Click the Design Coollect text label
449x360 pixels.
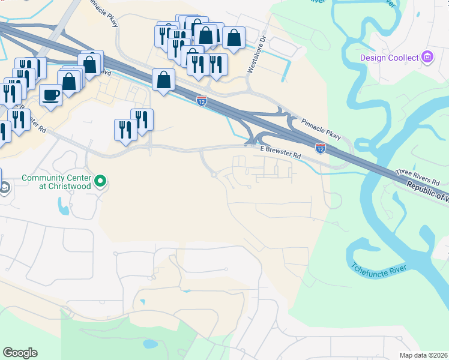click(x=390, y=58)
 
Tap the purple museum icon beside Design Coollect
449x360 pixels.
click(x=427, y=58)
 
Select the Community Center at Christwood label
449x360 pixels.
click(x=56, y=182)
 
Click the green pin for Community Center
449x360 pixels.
click(x=101, y=181)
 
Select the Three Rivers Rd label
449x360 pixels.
click(x=418, y=177)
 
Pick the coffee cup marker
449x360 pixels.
click(x=50, y=94)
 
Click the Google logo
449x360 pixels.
click(x=20, y=353)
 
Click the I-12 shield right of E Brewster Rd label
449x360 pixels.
click(x=321, y=147)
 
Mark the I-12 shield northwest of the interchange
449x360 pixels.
click(x=202, y=100)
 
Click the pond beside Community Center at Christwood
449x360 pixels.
click(x=64, y=206)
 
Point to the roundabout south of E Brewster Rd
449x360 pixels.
click(x=214, y=175)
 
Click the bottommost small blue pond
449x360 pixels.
click(x=148, y=344)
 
